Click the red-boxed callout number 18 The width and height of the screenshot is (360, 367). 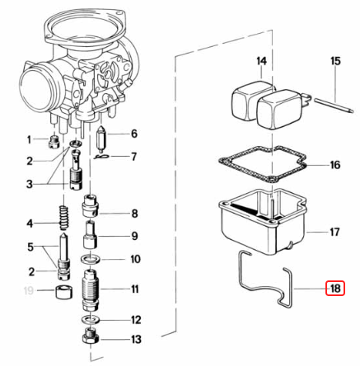tap(334, 289)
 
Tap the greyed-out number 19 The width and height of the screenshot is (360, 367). tap(29, 291)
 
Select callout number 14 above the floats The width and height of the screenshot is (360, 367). tap(261, 62)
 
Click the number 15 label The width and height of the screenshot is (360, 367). tap(335, 62)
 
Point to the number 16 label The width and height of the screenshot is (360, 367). tap(334, 165)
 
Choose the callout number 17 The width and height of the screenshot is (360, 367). tap(334, 233)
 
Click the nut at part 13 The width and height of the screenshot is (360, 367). tap(90, 337)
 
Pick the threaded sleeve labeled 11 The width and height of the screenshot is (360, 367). tap(91, 289)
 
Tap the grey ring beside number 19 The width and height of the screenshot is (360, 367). tap(58, 292)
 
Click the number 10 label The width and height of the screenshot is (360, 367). tap(135, 259)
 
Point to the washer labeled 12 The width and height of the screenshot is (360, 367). tap(91, 318)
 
